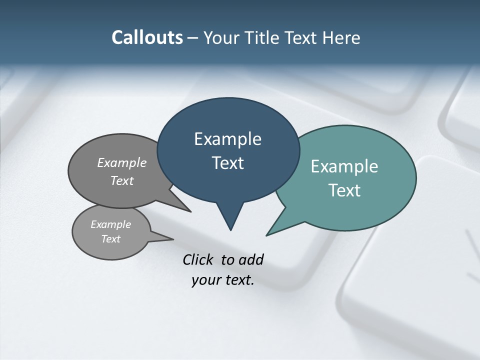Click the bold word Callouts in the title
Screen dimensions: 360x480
[147, 38]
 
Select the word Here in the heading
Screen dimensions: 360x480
[341, 38]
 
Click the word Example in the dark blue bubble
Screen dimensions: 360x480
[227, 139]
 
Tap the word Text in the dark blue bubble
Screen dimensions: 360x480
[227, 163]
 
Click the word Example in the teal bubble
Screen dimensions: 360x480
[344, 166]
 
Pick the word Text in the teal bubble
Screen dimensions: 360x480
[344, 190]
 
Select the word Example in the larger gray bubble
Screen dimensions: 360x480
[122, 163]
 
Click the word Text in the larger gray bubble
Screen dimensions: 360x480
[122, 180]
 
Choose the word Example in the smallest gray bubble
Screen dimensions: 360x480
[110, 224]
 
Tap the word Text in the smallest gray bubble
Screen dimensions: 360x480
[110, 239]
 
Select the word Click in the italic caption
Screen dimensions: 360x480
[198, 259]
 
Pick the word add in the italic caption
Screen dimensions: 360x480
[251, 259]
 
